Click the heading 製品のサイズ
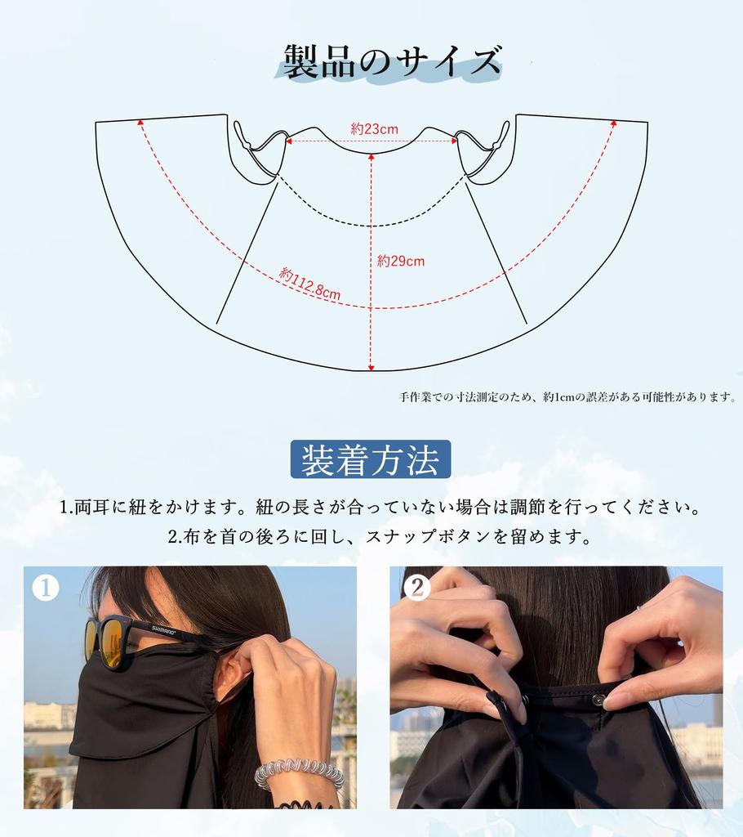coord(391,62)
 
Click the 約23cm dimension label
coord(374,129)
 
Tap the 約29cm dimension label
coord(400,262)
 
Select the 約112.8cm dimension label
coord(309,284)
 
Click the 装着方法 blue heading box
coord(371,460)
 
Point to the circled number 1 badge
coord(46,588)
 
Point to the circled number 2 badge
coord(416,588)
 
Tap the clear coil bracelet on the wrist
coord(298,773)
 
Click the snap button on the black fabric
coord(598,700)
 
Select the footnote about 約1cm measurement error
coord(567,397)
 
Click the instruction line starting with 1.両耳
coord(380,507)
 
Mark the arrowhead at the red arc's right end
coord(614,123)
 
